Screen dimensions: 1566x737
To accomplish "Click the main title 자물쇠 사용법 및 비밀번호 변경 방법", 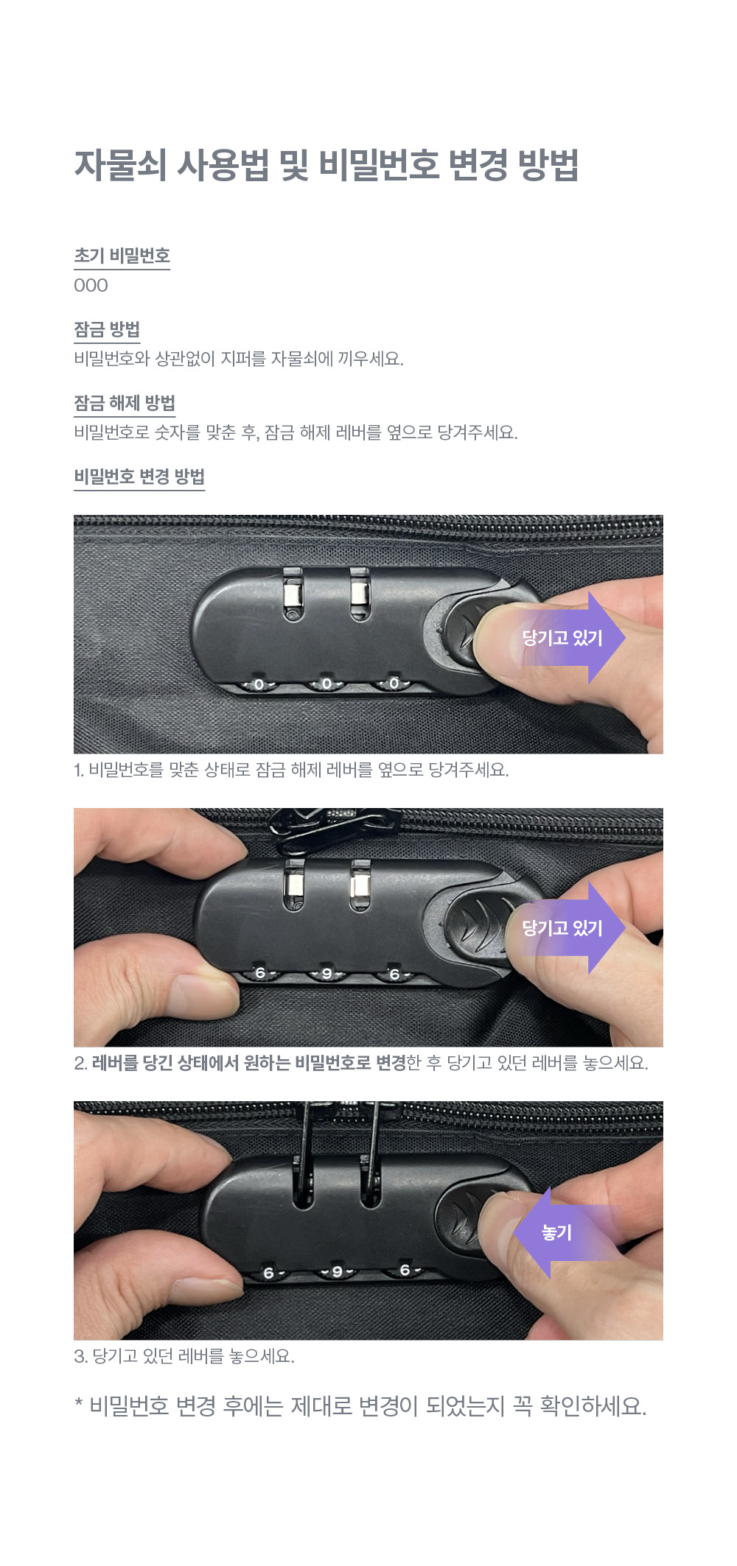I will coord(326,165).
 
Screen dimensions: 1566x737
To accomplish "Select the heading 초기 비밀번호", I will coord(122,256).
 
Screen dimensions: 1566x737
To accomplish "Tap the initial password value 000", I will coord(91,286).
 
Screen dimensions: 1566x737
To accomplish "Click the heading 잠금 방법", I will coord(107,329).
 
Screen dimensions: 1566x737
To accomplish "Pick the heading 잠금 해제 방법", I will coord(125,403).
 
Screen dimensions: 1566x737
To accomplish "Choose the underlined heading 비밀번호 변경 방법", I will coord(139,477).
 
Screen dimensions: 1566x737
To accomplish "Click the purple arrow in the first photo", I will coord(567,638).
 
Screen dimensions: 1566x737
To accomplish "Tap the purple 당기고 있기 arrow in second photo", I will coord(567,928).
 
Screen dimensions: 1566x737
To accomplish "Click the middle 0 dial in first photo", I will coord(326,684).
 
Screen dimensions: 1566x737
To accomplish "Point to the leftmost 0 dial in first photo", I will coord(259,685).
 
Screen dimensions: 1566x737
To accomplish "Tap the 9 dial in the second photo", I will coord(327,974).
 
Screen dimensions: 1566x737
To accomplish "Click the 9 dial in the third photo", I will coord(337,1271).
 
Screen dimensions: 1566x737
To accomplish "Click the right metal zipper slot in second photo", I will coord(360,885).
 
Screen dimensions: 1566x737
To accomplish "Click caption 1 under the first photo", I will coord(291,770).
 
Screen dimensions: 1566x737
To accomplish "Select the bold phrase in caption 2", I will coord(249,1063).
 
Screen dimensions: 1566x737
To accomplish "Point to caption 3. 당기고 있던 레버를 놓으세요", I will coord(184,1356).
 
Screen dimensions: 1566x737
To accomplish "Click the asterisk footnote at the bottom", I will coord(360,1406).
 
